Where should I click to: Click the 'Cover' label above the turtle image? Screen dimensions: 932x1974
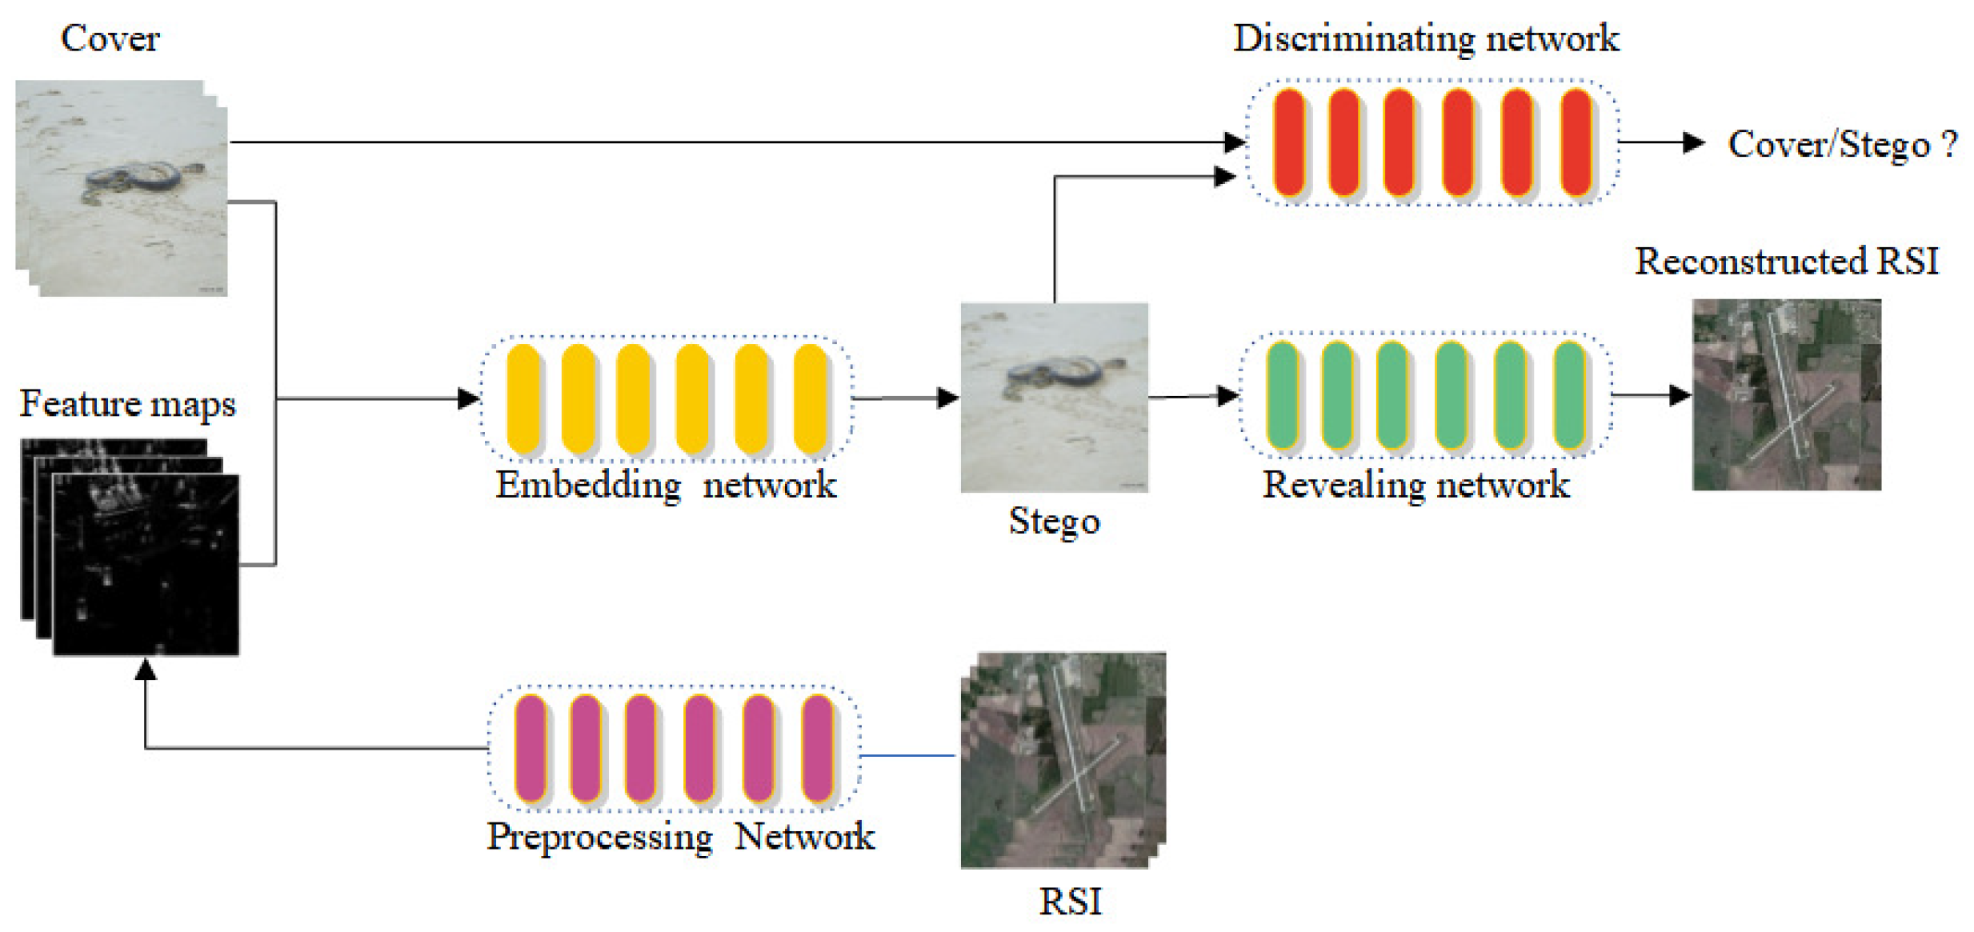(x=110, y=38)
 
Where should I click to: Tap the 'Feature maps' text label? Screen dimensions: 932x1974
(x=127, y=404)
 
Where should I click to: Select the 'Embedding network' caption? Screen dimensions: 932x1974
(x=665, y=486)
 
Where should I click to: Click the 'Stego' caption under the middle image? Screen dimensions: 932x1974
(x=1054, y=522)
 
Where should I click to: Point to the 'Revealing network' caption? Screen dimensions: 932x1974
(x=1415, y=486)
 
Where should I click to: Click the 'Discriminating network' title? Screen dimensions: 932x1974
(x=1425, y=38)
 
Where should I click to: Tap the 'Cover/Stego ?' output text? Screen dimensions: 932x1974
(x=1842, y=145)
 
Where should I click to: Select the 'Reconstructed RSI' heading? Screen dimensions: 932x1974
(x=1786, y=262)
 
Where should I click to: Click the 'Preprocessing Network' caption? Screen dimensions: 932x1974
(x=680, y=838)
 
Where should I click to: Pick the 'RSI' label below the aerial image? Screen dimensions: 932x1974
(x=1070, y=902)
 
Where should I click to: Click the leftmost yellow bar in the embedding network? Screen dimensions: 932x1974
(x=524, y=398)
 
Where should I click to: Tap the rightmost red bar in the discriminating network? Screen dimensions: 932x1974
(x=1576, y=142)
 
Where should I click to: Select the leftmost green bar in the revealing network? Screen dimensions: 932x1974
(x=1282, y=394)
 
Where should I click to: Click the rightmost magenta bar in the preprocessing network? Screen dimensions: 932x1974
(x=817, y=748)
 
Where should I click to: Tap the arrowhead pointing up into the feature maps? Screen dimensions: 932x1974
(x=145, y=670)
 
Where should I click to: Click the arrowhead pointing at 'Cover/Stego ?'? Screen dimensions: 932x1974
(x=1693, y=142)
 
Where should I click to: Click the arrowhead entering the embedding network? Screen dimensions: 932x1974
(x=468, y=398)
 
